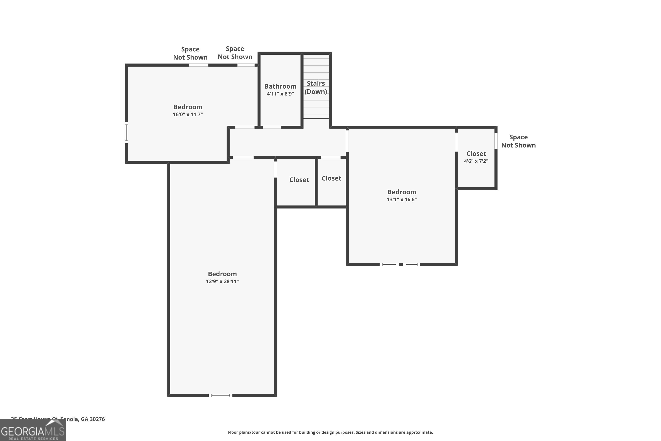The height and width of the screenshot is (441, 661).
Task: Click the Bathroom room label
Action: click(x=280, y=86)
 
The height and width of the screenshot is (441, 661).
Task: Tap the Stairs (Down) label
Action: click(x=316, y=88)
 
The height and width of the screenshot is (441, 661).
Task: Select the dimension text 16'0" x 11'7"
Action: click(x=188, y=114)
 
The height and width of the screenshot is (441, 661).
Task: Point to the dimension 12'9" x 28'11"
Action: click(x=222, y=281)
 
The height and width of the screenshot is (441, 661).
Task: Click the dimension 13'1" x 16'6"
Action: click(x=402, y=199)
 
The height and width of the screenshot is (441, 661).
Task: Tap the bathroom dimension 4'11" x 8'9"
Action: click(x=280, y=94)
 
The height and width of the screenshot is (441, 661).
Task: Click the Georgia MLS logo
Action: click(x=33, y=430)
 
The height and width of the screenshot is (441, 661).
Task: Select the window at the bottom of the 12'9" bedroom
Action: click(x=220, y=395)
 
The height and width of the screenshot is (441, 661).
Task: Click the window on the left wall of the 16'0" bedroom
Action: click(x=126, y=133)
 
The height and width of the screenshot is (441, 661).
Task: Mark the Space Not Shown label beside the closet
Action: click(x=518, y=141)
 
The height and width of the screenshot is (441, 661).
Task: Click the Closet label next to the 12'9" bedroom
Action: click(x=299, y=180)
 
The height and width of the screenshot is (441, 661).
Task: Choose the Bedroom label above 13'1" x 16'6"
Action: click(x=402, y=192)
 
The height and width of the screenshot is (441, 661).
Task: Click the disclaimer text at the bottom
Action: click(x=330, y=432)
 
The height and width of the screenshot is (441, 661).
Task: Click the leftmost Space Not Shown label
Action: click(x=190, y=53)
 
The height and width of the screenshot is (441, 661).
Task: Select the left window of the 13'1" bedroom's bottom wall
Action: click(x=389, y=264)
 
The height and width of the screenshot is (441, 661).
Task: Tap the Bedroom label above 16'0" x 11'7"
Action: click(x=188, y=107)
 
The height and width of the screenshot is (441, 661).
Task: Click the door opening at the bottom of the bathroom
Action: click(x=271, y=127)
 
